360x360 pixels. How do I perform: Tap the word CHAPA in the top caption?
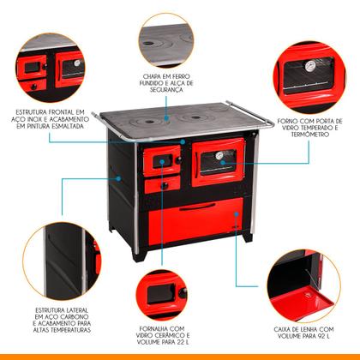tap(155, 75)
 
